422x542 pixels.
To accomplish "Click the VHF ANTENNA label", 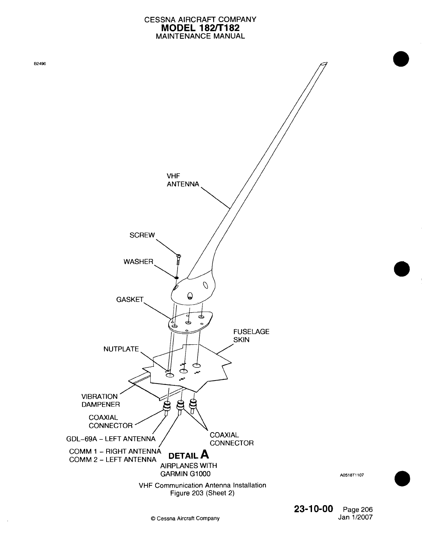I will [x=183, y=180].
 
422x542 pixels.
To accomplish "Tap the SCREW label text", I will [x=142, y=235].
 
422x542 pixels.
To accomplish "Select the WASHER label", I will [x=138, y=262].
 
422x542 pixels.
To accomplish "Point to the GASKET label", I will [x=130, y=300].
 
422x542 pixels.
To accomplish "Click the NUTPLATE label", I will [x=121, y=349].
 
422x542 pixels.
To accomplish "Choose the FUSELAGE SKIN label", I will [x=251, y=336].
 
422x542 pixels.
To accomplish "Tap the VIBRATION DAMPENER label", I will [x=100, y=400].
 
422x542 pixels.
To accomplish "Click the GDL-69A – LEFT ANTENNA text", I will [x=110, y=439].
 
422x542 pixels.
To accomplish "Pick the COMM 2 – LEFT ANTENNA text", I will [x=112, y=459].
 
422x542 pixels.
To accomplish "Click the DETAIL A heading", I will [x=188, y=455].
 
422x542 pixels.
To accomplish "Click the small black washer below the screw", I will [x=176, y=277].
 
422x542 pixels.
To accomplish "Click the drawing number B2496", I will [x=40, y=64].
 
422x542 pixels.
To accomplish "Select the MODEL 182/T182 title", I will [x=200, y=28].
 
